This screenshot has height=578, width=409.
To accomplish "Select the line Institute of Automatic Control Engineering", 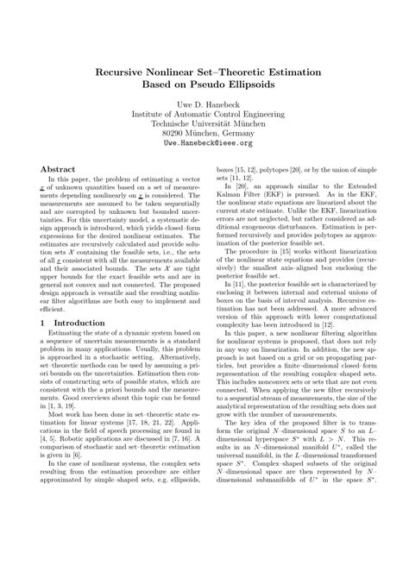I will (x=204, y=123).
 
